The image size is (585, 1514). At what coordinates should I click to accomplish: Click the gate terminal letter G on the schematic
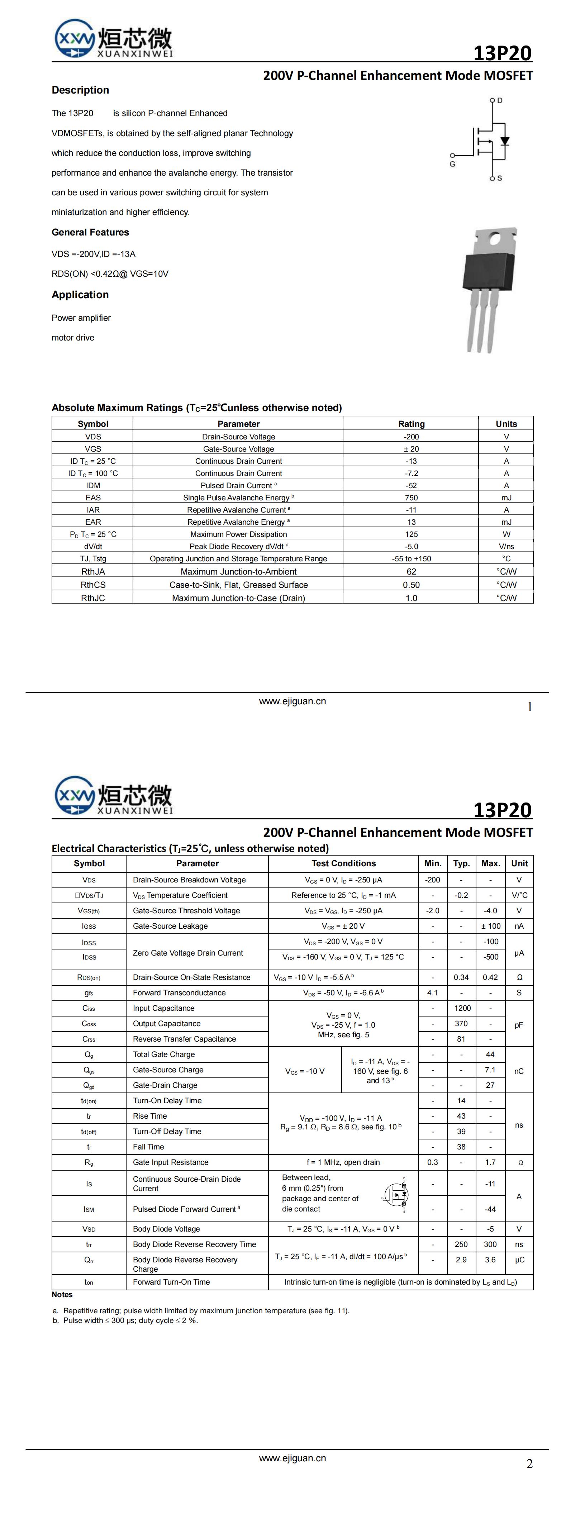(452, 164)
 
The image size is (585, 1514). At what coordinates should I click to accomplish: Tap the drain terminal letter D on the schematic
(500, 100)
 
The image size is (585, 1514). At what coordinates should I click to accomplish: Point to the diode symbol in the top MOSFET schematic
(504, 141)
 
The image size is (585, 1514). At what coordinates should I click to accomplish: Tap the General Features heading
(90, 232)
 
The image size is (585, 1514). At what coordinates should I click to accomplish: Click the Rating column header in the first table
(411, 424)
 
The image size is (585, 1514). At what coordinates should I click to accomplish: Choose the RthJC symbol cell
(93, 598)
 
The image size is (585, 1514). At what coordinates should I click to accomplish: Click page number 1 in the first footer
(529, 707)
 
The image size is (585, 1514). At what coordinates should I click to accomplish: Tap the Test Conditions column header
(343, 863)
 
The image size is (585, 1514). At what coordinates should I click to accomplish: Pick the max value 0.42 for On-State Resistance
(490, 977)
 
